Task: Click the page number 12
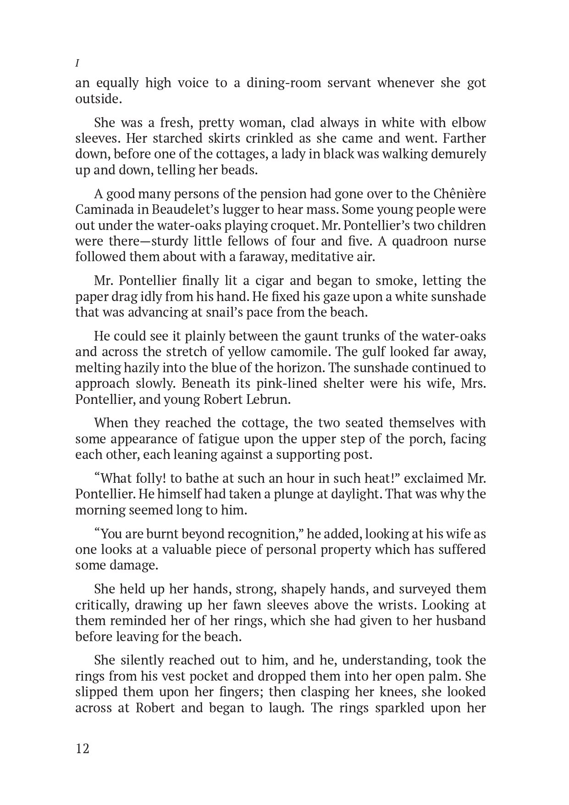(x=83, y=749)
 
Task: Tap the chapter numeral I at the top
(x=77, y=62)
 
